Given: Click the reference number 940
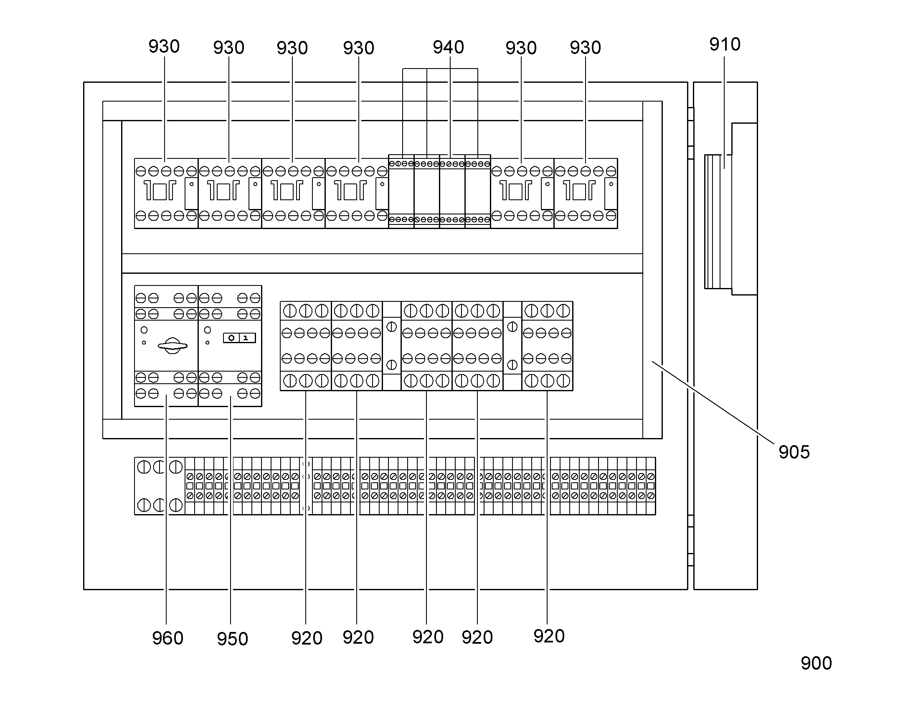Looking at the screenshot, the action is click(448, 47).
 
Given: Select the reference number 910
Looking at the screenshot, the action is click(725, 44).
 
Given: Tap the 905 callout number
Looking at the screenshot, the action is click(794, 452).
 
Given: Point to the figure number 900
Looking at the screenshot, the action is click(816, 663).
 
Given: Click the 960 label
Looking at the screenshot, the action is click(167, 638).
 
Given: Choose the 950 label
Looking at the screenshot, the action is click(233, 639).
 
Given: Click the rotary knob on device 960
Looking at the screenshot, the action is click(172, 346).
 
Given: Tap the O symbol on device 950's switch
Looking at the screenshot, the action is click(231, 338).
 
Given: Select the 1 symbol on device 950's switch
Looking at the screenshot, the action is click(246, 338).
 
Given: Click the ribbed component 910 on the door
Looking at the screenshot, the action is click(718, 222).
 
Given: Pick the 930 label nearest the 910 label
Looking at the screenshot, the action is click(585, 47).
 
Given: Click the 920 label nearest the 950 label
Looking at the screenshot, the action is click(307, 638).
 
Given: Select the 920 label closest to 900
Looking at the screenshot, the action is click(549, 636).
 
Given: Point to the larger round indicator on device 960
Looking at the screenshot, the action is click(144, 330).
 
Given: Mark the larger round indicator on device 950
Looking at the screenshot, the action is click(207, 330).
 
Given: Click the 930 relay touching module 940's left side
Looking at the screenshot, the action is click(357, 193).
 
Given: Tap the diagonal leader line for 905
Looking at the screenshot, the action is click(713, 402).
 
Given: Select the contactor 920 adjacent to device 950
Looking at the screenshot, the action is click(306, 346).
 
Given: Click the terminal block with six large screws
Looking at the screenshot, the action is click(160, 486).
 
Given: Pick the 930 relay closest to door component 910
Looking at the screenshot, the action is click(586, 193).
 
